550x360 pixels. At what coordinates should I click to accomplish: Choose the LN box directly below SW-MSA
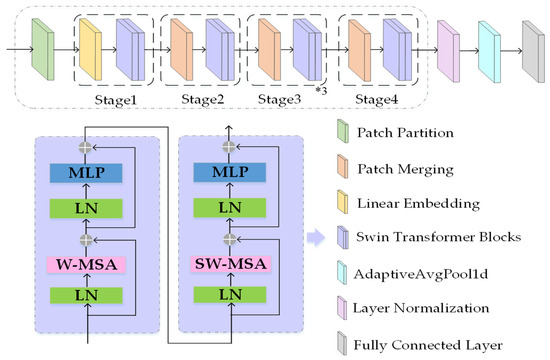[x=231, y=297]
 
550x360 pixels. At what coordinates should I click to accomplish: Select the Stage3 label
[x=282, y=99]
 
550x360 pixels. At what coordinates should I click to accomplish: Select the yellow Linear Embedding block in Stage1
[x=91, y=48]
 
